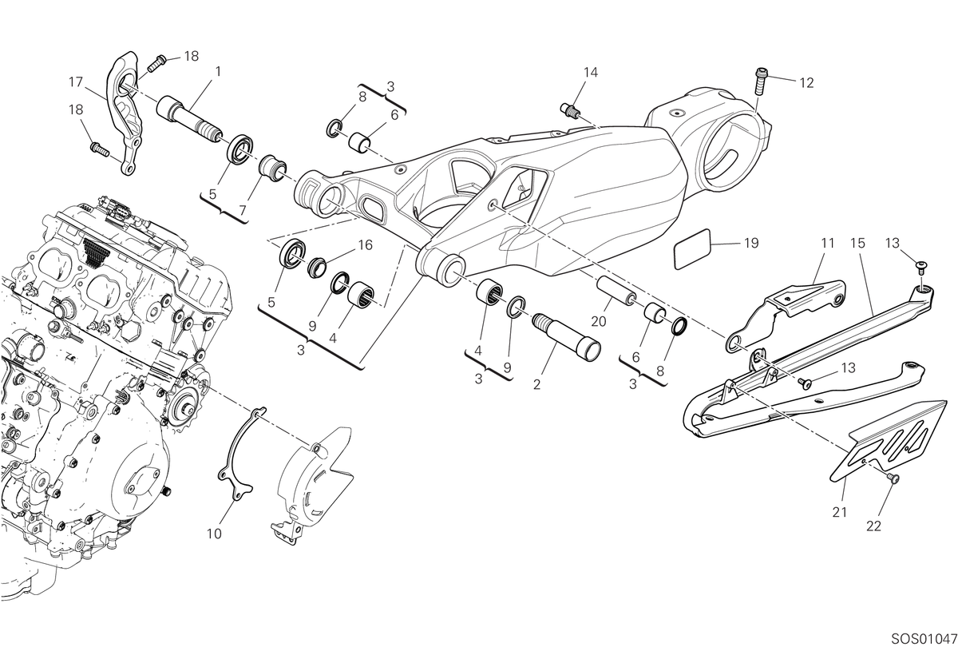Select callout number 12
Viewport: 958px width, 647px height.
pos(806,82)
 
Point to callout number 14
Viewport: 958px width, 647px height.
pos(591,73)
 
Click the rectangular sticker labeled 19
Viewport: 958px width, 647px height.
pos(692,249)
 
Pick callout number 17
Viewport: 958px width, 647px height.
pos(76,81)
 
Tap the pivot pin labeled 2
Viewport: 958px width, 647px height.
pos(566,335)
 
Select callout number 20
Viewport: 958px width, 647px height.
pos(598,321)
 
